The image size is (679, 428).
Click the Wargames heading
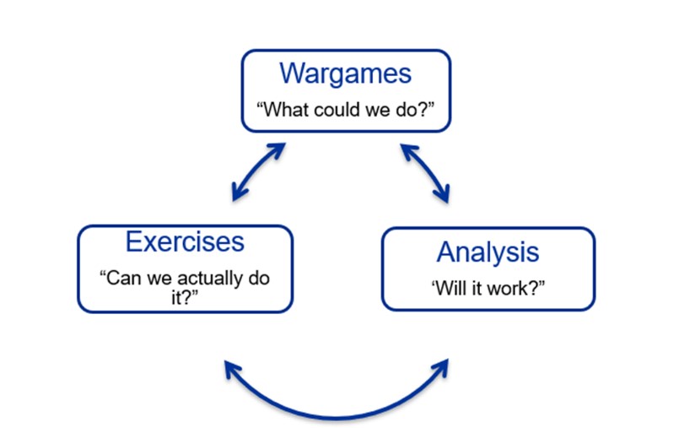click(x=345, y=73)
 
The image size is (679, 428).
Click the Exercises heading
click(x=185, y=241)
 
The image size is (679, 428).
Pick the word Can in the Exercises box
click(x=121, y=278)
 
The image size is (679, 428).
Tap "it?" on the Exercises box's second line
click(x=185, y=298)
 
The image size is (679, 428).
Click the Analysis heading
click(x=488, y=252)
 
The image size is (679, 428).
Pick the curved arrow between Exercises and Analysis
click(x=337, y=418)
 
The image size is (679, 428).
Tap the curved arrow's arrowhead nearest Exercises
click(x=232, y=369)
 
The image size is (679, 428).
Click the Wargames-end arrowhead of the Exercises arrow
click(x=278, y=150)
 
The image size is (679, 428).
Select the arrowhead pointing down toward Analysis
click(x=444, y=195)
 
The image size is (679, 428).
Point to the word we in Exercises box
click(x=159, y=279)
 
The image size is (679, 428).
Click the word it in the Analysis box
click(x=477, y=289)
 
